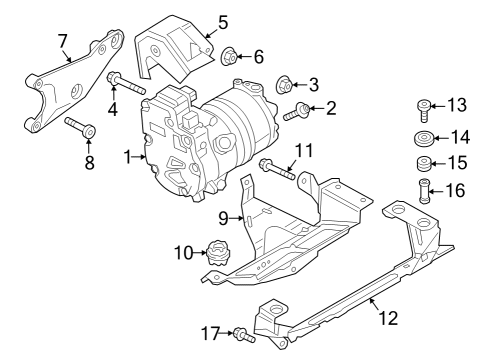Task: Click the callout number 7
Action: click(63, 41)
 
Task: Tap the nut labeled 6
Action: click(229, 57)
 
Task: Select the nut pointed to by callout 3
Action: click(284, 85)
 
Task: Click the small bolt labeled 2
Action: click(297, 112)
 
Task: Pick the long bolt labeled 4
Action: click(126, 83)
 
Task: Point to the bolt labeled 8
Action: click(80, 127)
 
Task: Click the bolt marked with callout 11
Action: click(277, 169)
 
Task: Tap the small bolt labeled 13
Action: click(424, 110)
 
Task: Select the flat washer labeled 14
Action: click(424, 139)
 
